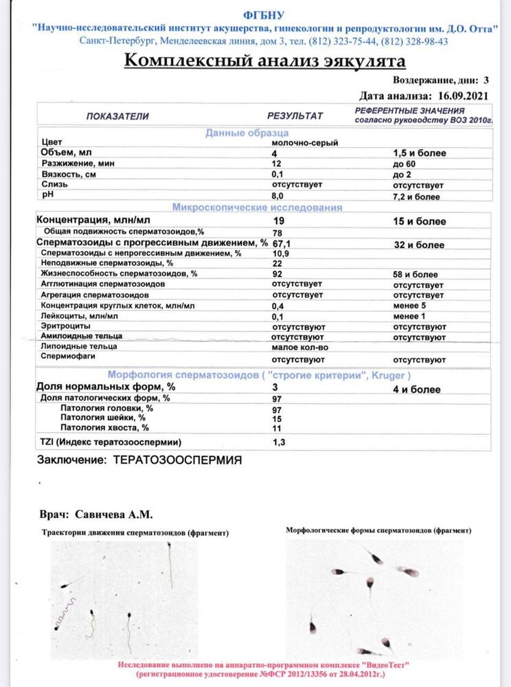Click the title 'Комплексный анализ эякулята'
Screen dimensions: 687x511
264,62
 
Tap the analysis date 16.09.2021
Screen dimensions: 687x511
462,96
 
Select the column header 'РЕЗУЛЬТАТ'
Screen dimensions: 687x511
295,116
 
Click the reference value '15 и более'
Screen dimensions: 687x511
419,221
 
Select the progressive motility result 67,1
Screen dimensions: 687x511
282,244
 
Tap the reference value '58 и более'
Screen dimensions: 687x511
416,273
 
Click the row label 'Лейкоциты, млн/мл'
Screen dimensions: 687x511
80,316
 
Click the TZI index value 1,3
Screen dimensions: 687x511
280,442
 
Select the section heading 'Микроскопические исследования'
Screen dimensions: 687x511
257,207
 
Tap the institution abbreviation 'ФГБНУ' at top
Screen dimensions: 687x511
263,15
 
